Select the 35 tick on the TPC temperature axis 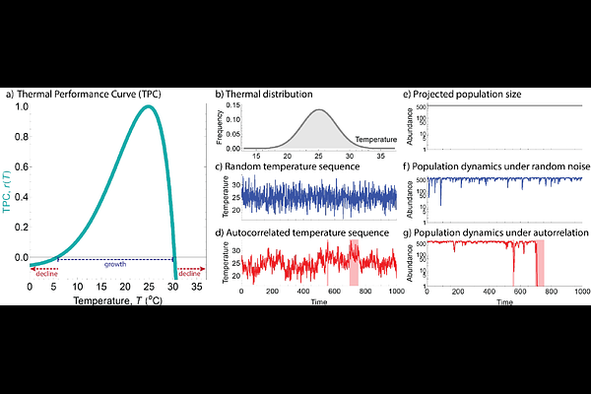pos(197,286)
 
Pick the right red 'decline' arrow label pos(190,273)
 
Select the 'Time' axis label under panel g pos(504,301)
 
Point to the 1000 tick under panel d pos(396,294)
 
